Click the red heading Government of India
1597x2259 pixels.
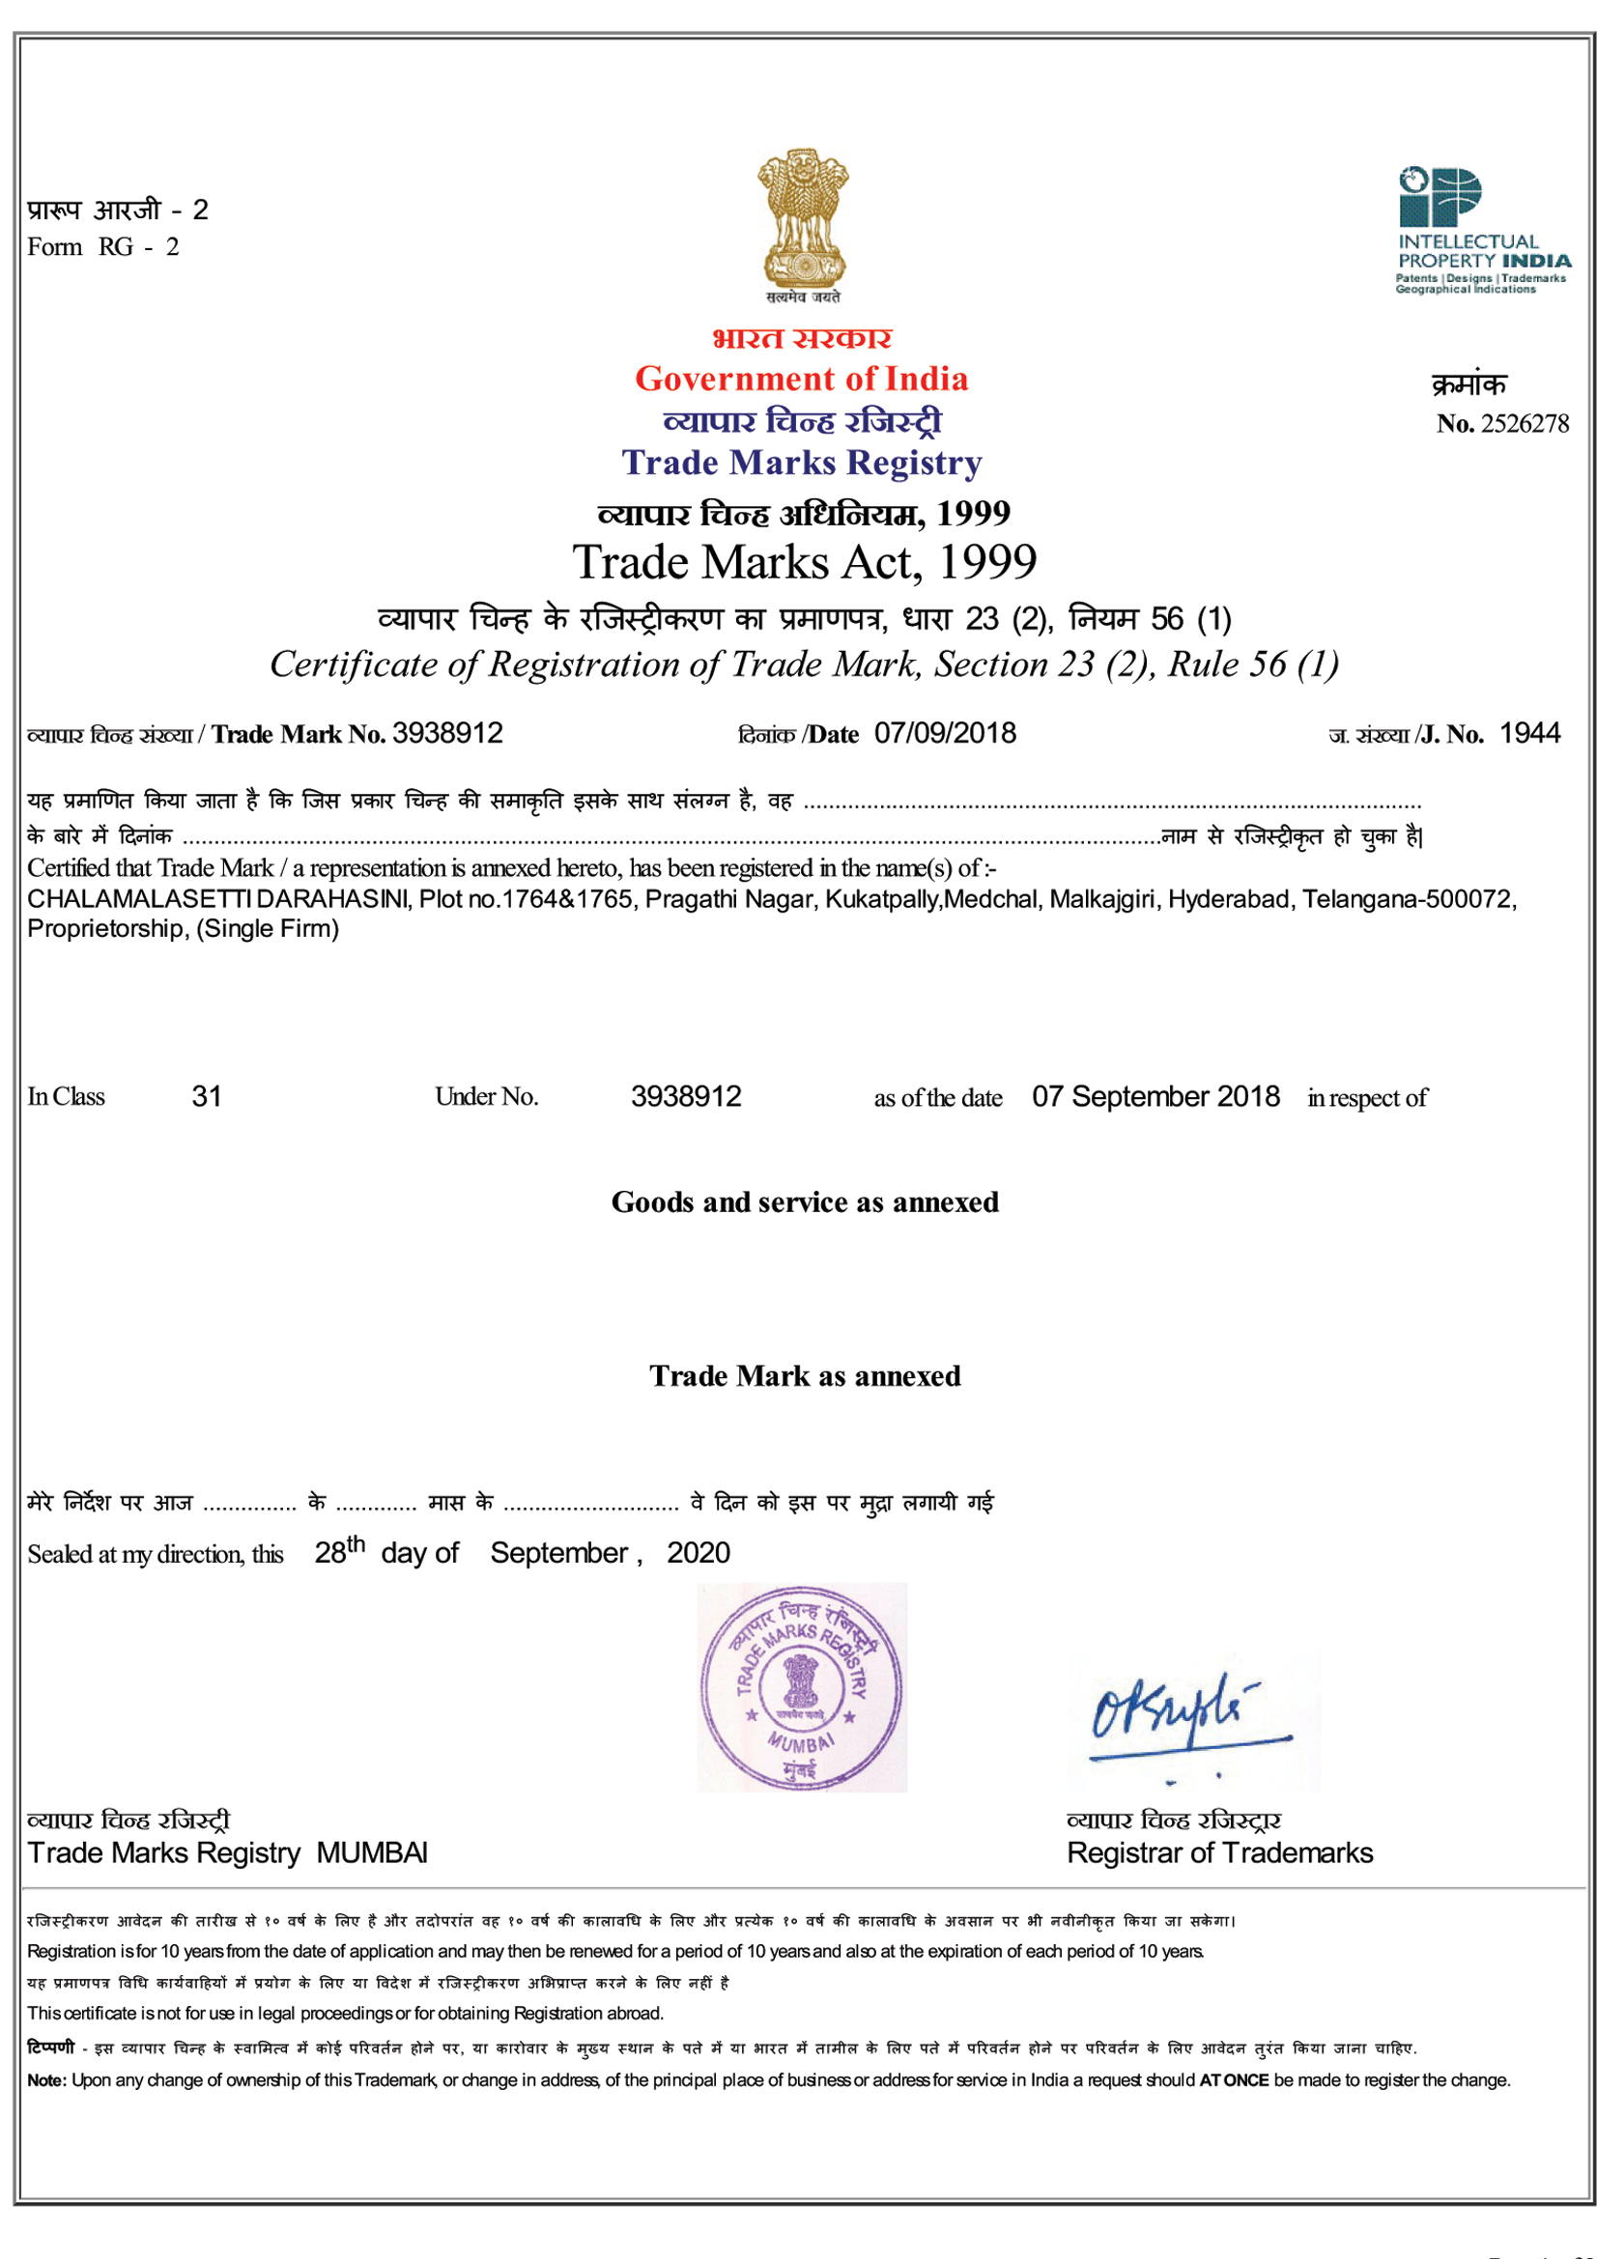click(x=801, y=379)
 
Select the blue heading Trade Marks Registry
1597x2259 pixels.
click(x=801, y=463)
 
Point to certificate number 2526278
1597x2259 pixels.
click(x=1525, y=424)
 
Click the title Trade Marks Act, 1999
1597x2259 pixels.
click(x=804, y=563)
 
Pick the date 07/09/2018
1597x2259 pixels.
click(x=945, y=733)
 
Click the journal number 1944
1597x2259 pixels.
click(x=1529, y=733)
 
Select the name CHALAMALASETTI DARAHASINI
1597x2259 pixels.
click(x=218, y=899)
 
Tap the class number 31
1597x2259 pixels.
click(x=207, y=1096)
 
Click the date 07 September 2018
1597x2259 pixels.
click(x=1155, y=1096)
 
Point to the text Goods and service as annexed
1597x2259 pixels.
click(x=804, y=1202)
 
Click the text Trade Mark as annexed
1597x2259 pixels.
click(x=804, y=1376)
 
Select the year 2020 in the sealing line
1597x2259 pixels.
click(x=698, y=1553)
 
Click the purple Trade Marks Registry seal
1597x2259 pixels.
click(x=801, y=1686)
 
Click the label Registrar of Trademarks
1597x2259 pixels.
click(x=1219, y=1852)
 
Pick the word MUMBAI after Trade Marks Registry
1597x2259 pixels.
click(x=371, y=1852)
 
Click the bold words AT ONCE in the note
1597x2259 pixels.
click(x=1233, y=2080)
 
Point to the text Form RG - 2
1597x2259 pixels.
click(x=103, y=247)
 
